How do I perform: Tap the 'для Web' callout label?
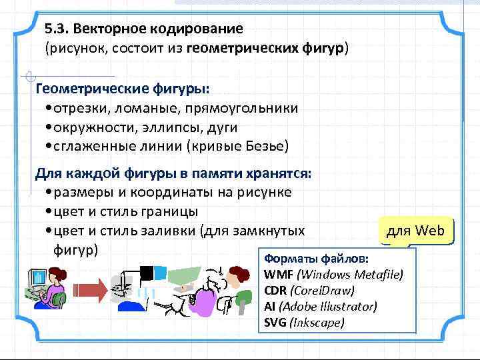pyautogui.click(x=414, y=231)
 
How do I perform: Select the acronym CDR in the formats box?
pyautogui.click(x=277, y=291)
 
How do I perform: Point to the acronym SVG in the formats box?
pyautogui.click(x=276, y=323)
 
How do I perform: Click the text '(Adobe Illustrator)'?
pyautogui.click(x=328, y=307)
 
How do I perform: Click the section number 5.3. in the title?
pyautogui.click(x=57, y=29)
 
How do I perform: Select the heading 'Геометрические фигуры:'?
pyautogui.click(x=122, y=89)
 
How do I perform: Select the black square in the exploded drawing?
pyautogui.click(x=145, y=272)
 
